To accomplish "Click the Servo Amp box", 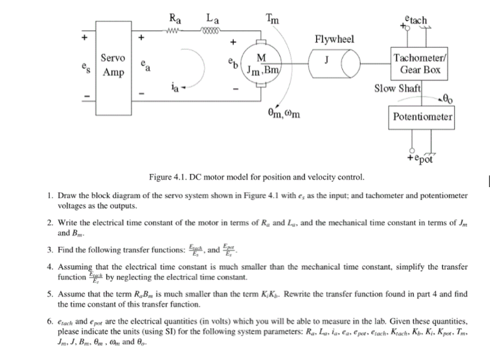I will [x=113, y=65].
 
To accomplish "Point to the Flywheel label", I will [x=334, y=39].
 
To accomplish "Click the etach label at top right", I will [x=415, y=19].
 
